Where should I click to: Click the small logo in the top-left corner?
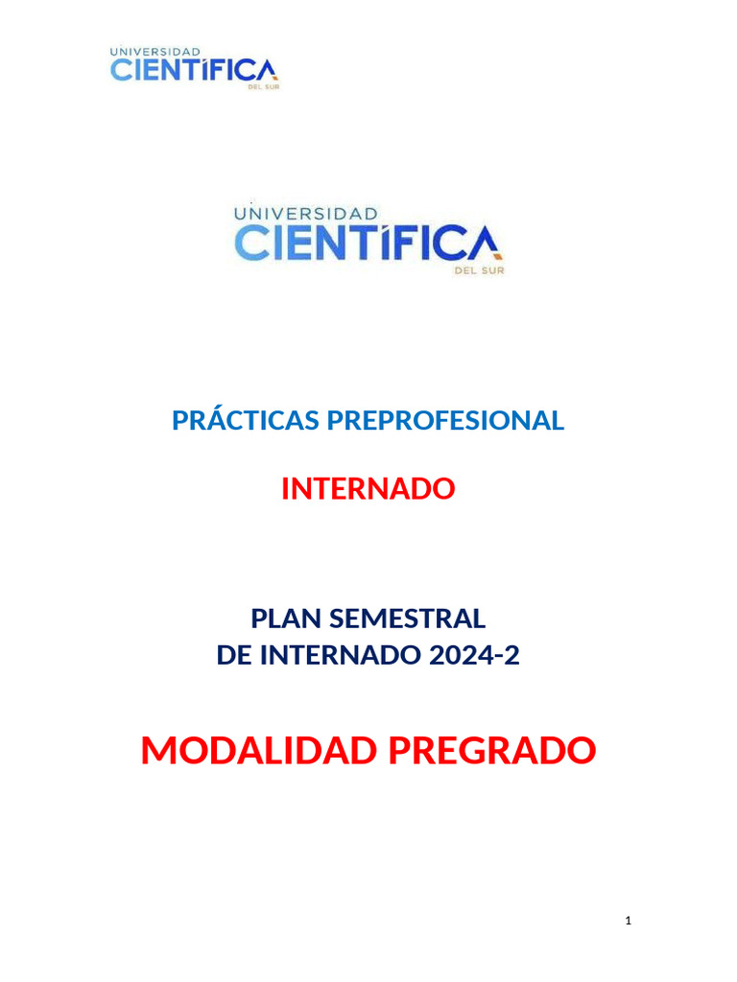click(x=195, y=68)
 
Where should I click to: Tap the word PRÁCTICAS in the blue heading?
click(x=247, y=420)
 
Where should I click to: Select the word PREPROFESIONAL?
click(x=445, y=420)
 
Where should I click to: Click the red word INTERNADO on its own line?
click(x=368, y=489)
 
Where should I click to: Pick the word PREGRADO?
click(x=491, y=751)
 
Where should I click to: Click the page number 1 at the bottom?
click(x=628, y=922)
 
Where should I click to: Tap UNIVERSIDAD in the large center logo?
click(x=306, y=213)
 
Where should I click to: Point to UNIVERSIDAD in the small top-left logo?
click(x=155, y=52)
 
